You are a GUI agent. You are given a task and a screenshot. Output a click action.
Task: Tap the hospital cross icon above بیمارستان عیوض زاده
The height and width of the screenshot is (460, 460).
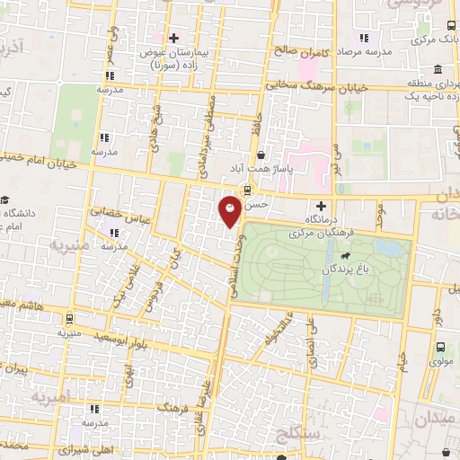[x=173, y=39]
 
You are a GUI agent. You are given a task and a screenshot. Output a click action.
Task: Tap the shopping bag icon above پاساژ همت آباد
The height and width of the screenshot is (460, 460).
[x=261, y=155]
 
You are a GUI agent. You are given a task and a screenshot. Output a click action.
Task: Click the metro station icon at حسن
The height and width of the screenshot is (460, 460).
[x=247, y=190]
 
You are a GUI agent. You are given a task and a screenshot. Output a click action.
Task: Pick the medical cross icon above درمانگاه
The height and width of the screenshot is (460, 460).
[x=321, y=206]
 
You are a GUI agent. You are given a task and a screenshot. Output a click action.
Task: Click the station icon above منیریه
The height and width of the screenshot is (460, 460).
[x=69, y=317]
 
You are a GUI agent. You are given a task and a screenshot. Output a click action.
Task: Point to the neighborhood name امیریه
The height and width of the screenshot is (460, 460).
[x=51, y=396]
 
